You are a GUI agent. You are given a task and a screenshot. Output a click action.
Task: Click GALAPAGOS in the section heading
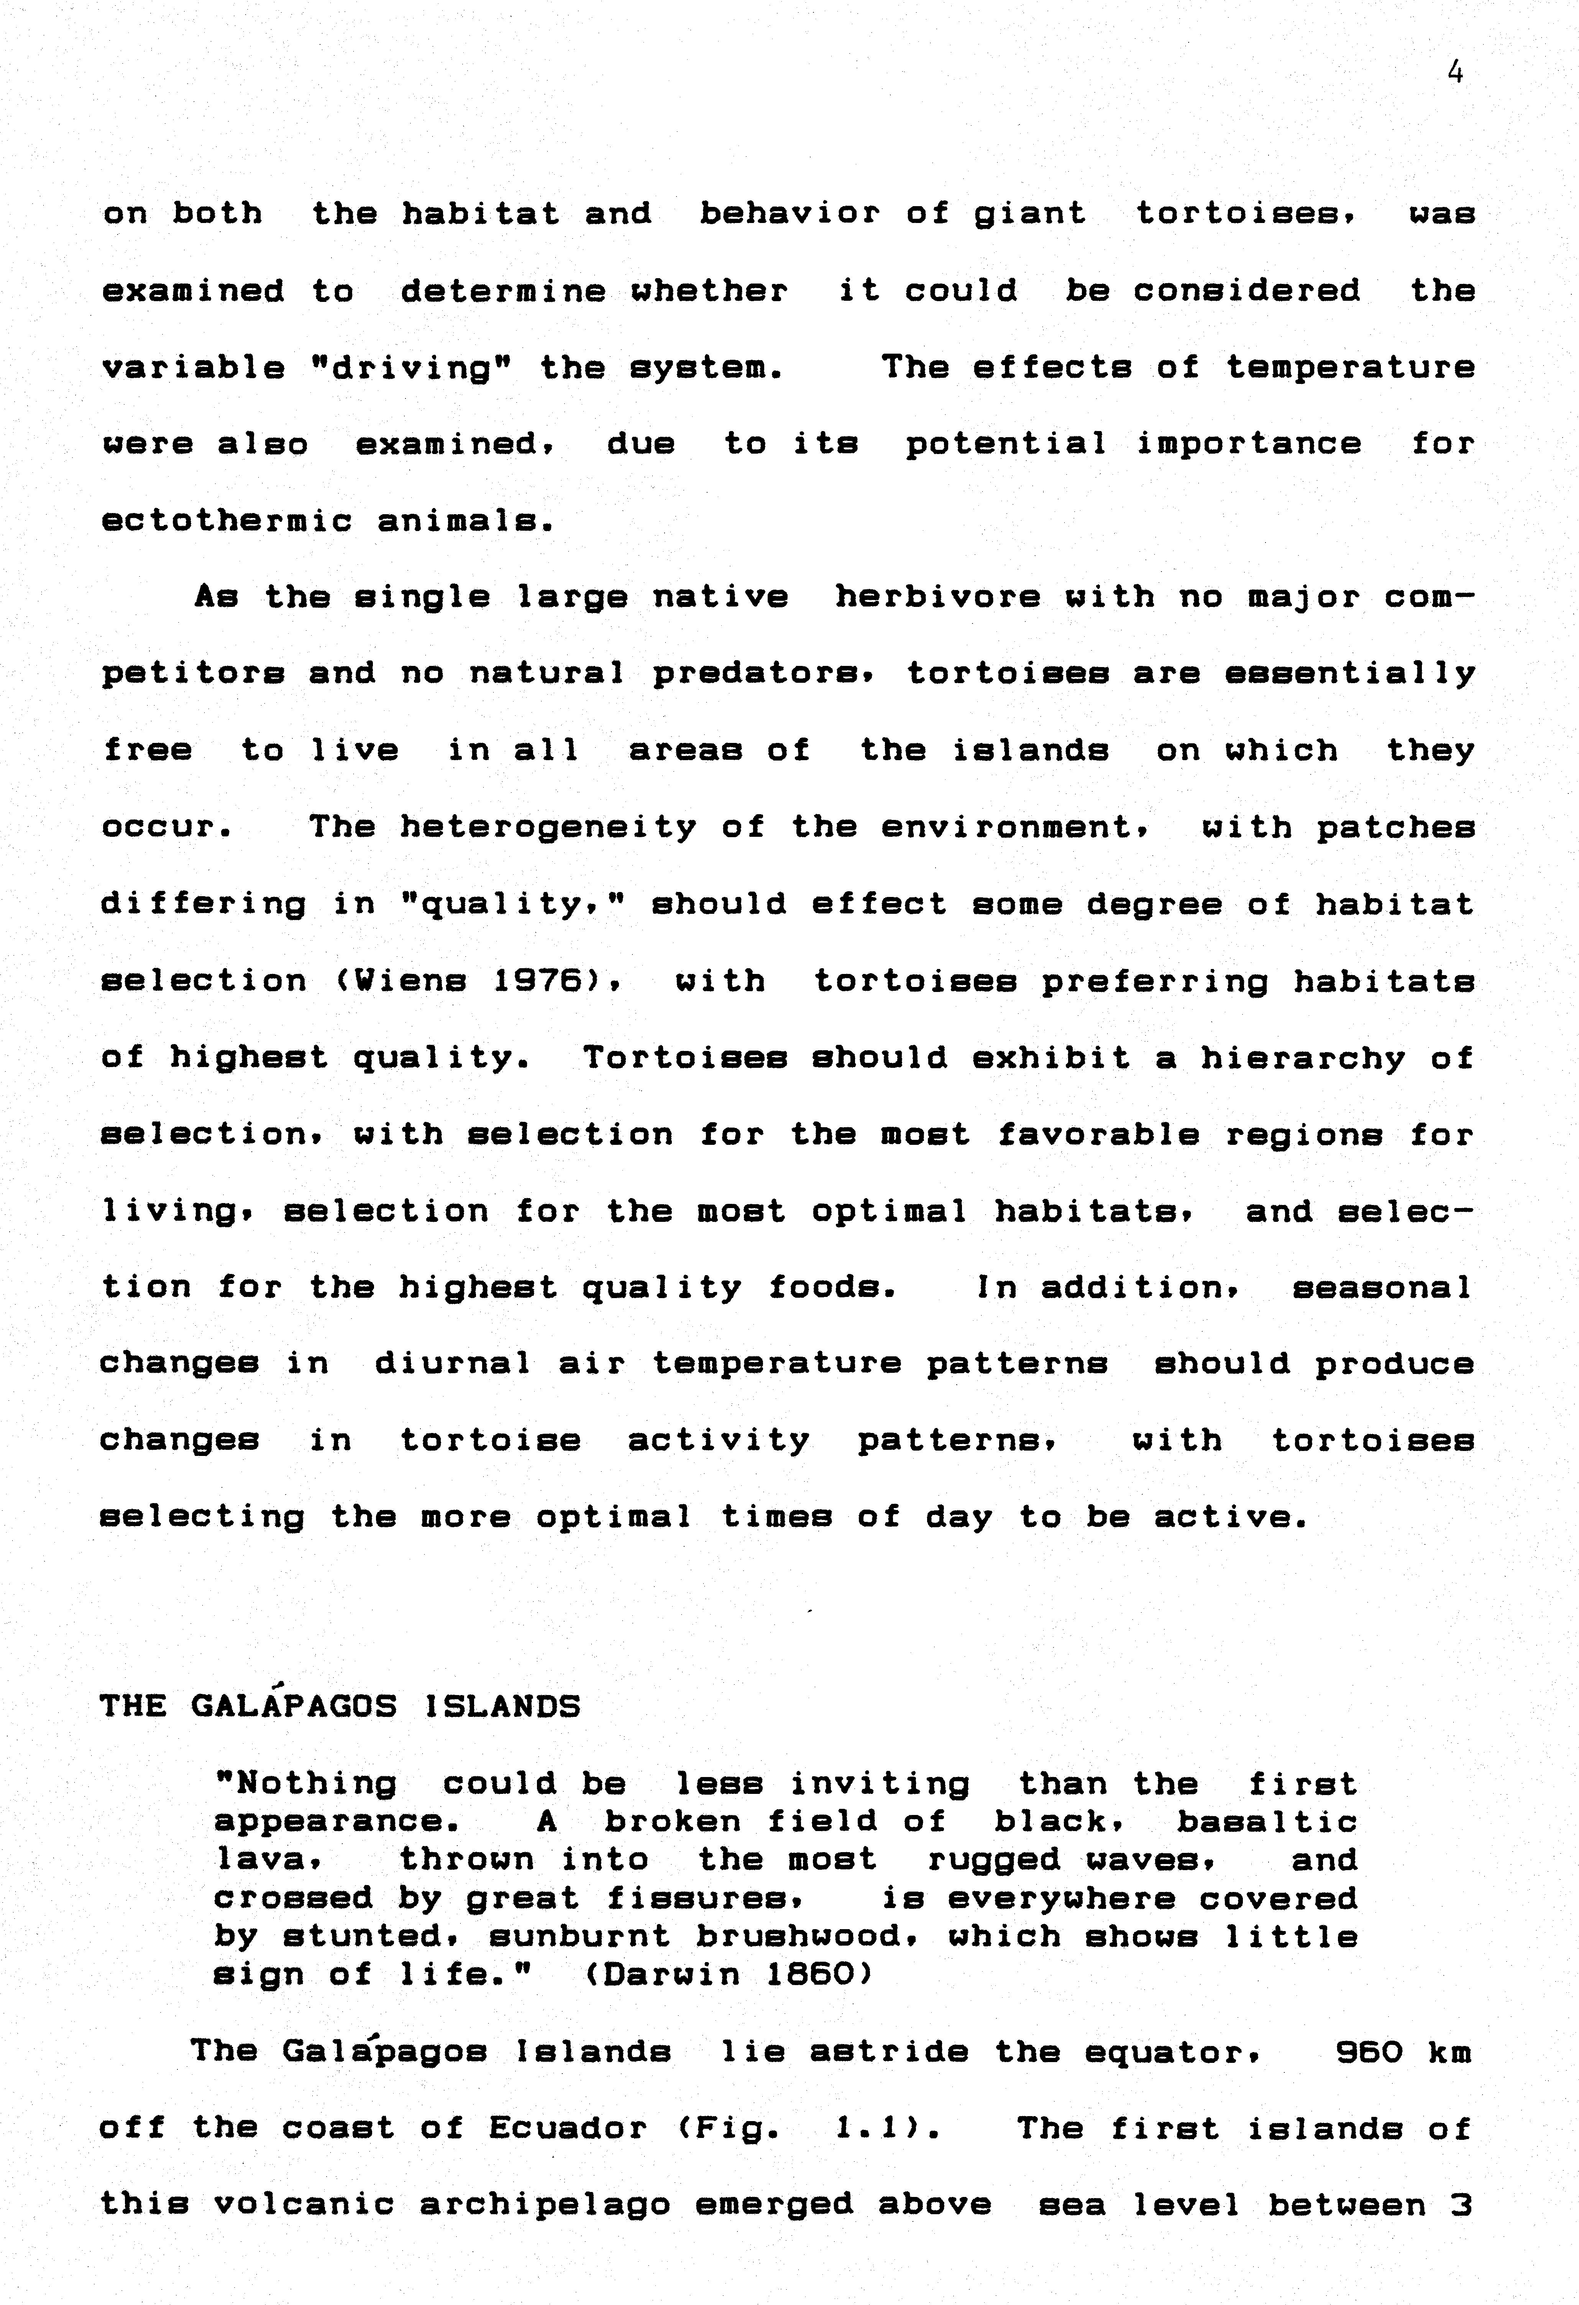294,1706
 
